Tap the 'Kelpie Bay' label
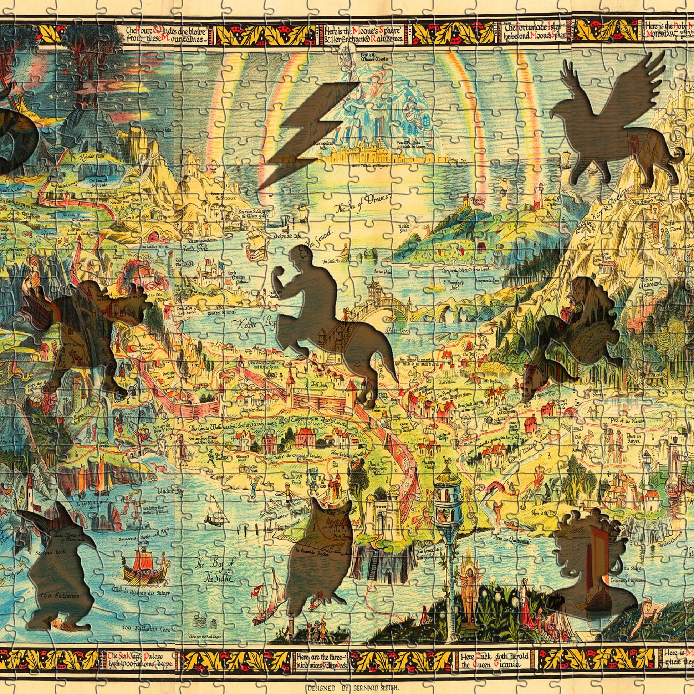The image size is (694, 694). pos(253,325)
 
